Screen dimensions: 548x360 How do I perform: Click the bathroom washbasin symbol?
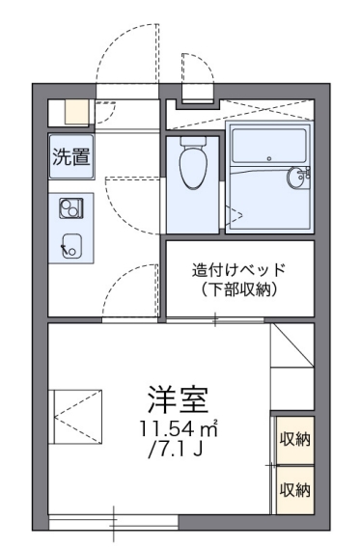(x=299, y=177)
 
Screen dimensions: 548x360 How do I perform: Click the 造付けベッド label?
(x=239, y=270)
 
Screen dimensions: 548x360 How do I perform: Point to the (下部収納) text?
(x=239, y=289)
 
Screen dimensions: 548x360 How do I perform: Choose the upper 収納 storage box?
(x=294, y=440)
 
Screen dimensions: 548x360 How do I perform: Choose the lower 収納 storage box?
(x=294, y=489)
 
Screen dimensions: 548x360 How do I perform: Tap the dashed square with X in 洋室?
(x=78, y=414)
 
